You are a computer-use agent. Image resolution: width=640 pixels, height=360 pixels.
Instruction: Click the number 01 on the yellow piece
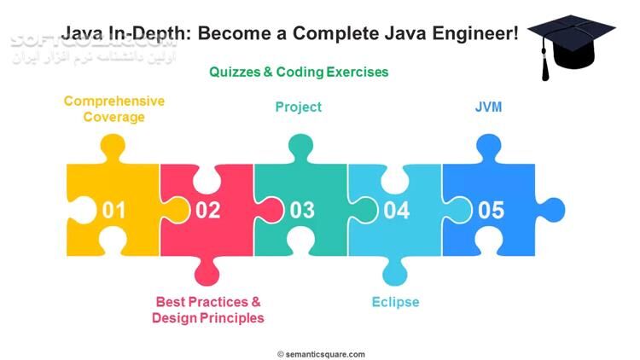pyautogui.click(x=114, y=210)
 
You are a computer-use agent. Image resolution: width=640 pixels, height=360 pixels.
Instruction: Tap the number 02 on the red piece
pyautogui.click(x=207, y=210)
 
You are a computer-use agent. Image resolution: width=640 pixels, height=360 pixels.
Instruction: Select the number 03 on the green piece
pyautogui.click(x=302, y=210)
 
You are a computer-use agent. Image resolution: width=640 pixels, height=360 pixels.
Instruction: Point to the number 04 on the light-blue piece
pyautogui.click(x=396, y=210)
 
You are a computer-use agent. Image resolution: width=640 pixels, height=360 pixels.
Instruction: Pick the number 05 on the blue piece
pyautogui.click(x=491, y=210)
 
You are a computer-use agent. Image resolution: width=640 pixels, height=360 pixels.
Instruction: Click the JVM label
pyautogui.click(x=488, y=107)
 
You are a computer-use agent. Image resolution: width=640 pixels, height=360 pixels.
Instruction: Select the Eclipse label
pyautogui.click(x=395, y=302)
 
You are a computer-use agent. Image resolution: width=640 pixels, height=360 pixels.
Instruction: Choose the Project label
pyautogui.click(x=298, y=107)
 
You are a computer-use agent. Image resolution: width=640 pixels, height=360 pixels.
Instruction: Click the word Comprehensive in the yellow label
pyautogui.click(x=114, y=101)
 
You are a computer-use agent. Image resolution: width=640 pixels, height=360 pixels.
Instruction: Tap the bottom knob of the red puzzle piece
pyautogui.click(x=207, y=273)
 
